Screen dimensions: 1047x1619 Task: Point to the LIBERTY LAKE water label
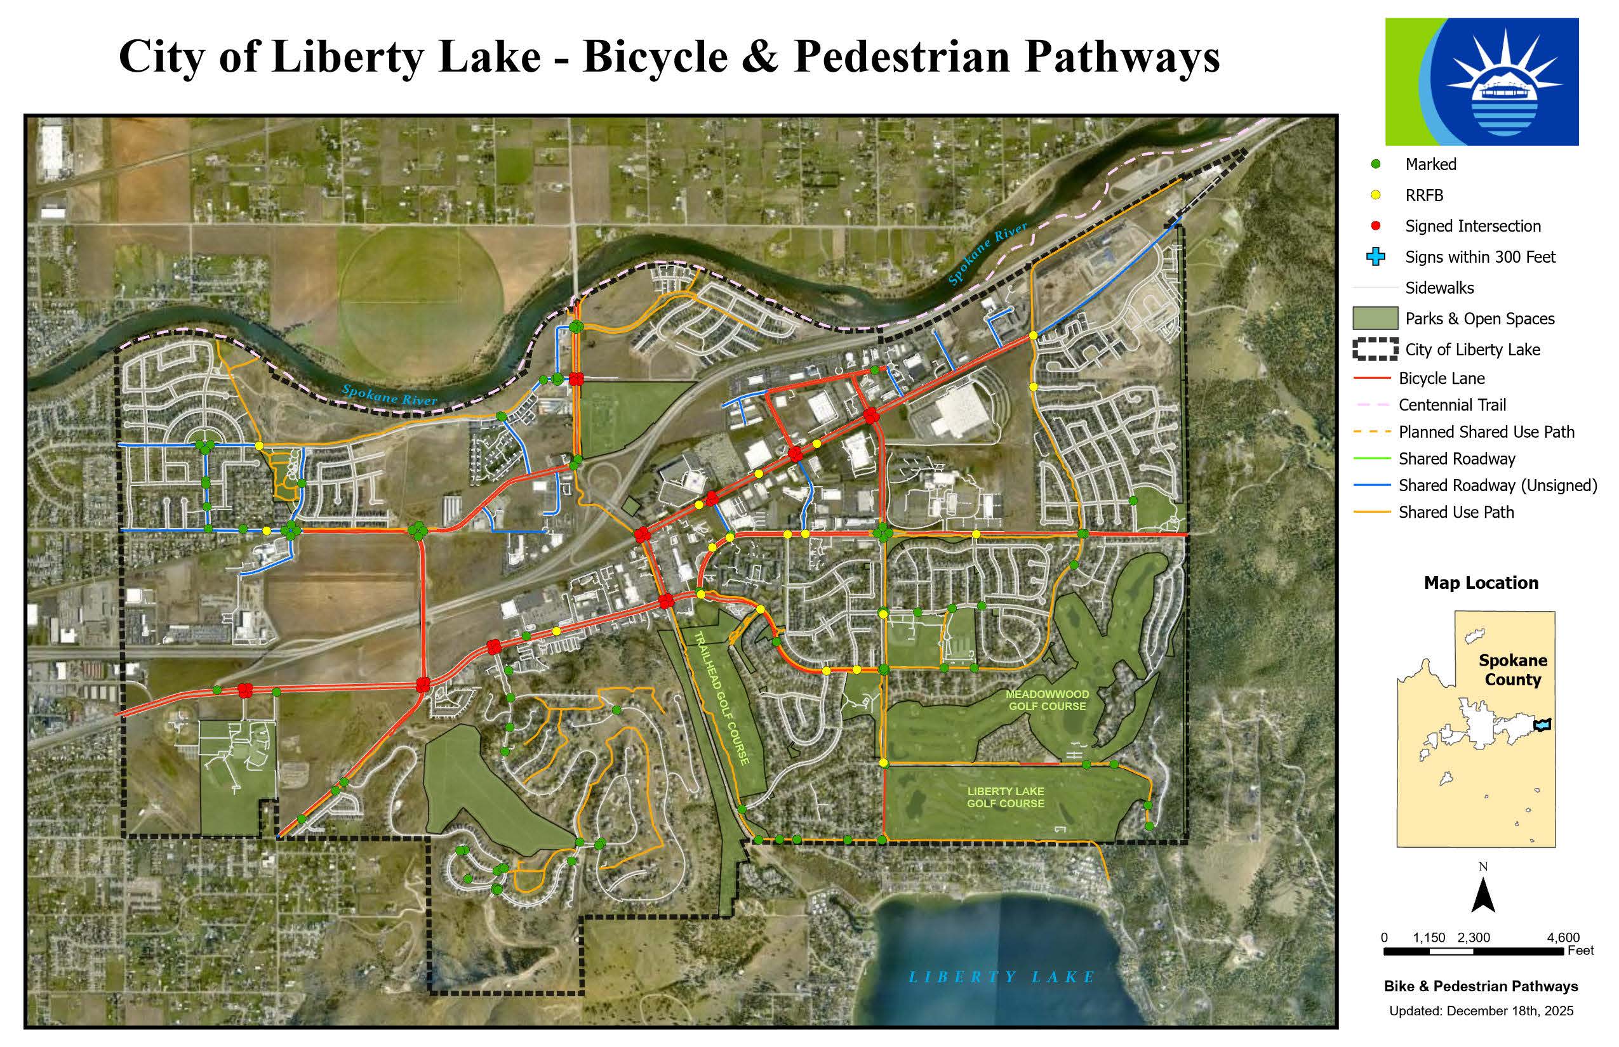(x=1001, y=977)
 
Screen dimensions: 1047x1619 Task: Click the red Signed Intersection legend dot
(x=1375, y=226)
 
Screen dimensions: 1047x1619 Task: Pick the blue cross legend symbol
(x=1375, y=257)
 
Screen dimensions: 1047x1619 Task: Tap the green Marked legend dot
(x=1375, y=164)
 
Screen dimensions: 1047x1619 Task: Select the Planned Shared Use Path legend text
(x=1486, y=431)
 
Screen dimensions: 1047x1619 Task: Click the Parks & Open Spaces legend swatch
(x=1375, y=318)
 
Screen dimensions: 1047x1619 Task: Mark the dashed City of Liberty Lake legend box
(x=1375, y=349)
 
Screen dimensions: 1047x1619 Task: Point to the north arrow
(x=1483, y=895)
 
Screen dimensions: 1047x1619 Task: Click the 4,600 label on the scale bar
(x=1562, y=938)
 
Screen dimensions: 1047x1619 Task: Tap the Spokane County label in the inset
(x=1512, y=669)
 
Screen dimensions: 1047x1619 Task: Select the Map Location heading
(x=1481, y=583)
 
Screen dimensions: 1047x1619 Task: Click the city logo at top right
(x=1482, y=82)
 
